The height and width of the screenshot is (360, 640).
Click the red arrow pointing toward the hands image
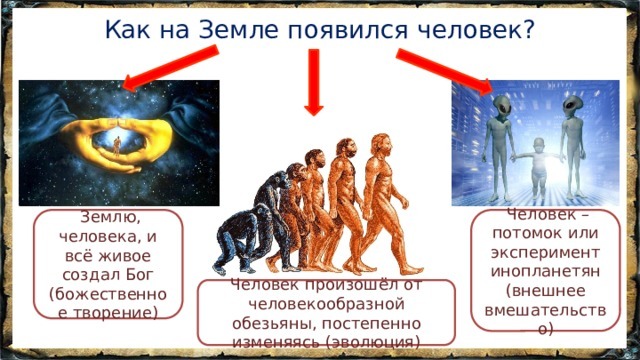coord(166,69)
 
